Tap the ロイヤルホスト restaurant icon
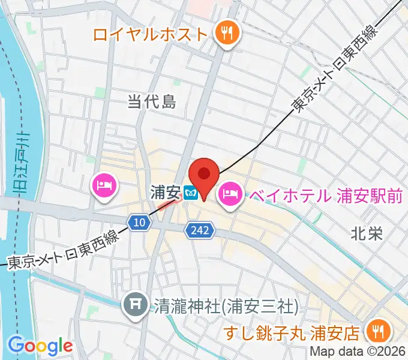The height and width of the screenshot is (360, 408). (x=228, y=33)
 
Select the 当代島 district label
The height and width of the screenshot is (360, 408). (x=152, y=103)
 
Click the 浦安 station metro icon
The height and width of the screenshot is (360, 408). (x=191, y=193)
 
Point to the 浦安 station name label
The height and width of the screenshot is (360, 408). (x=166, y=193)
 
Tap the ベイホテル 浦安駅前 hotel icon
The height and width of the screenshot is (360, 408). (x=230, y=193)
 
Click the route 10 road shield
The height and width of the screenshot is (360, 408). (x=139, y=223)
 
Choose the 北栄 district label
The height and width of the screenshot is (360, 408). (x=367, y=233)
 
